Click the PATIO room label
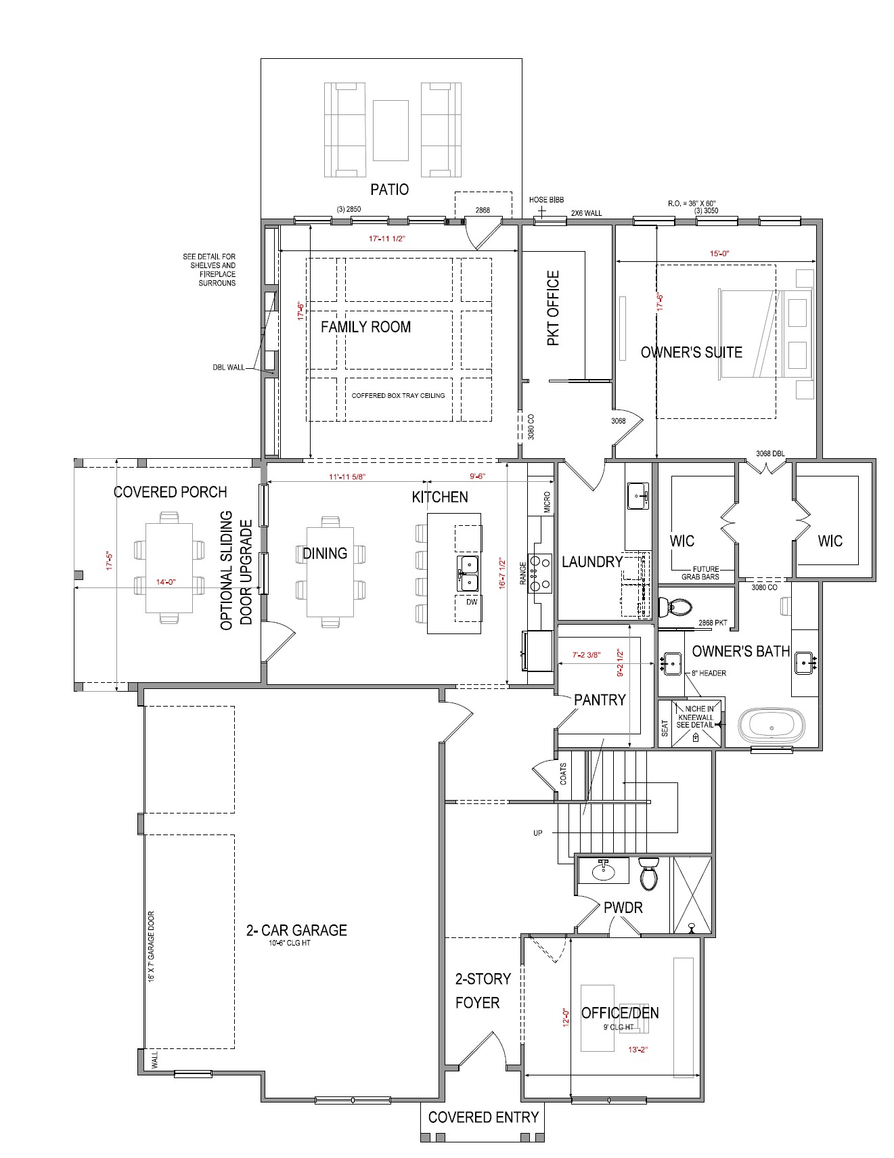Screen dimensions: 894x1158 (389, 190)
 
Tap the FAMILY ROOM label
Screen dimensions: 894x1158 (365, 327)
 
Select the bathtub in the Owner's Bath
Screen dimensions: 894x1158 (772, 726)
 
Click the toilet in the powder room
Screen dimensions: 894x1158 (649, 873)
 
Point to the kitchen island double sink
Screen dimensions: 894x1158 (467, 573)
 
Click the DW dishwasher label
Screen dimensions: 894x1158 (471, 602)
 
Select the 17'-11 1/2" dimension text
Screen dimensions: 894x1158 (386, 239)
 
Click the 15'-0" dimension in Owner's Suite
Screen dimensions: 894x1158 (719, 254)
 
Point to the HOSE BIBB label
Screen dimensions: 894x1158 (546, 200)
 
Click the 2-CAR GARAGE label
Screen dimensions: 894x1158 (296, 931)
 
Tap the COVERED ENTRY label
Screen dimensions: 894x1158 (483, 1117)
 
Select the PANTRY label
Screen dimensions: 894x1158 (600, 700)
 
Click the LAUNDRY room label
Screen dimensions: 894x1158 (592, 562)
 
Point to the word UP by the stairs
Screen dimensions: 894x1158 (537, 833)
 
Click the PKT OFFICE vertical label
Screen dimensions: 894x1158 (554, 309)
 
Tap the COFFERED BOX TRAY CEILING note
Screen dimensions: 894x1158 (398, 396)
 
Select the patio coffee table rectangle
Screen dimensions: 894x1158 (390, 130)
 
